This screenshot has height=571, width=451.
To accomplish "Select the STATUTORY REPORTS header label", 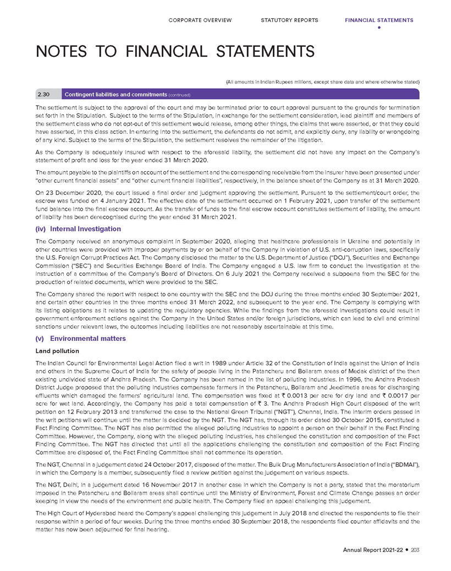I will coord(289,20).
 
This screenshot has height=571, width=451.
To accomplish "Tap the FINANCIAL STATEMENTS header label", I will coord(379,20).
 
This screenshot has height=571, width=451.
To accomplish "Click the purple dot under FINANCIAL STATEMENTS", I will coord(379,28).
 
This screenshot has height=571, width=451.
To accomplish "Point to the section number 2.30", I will coord(45,94).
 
